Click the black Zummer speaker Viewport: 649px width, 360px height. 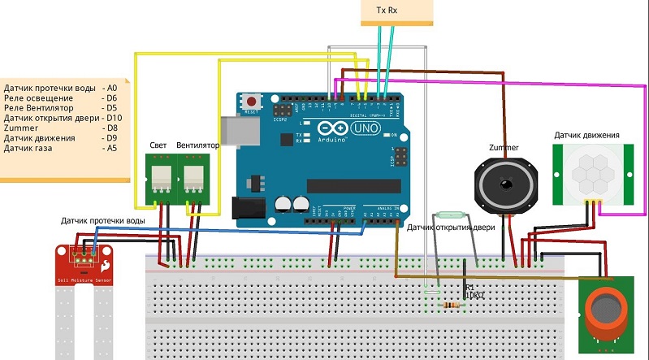tap(506, 183)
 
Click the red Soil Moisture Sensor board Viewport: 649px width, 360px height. tap(83, 261)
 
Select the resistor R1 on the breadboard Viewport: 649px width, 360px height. tap(449, 306)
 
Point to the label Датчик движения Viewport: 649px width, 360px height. tap(587, 135)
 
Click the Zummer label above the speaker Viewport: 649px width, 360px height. tap(504, 147)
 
